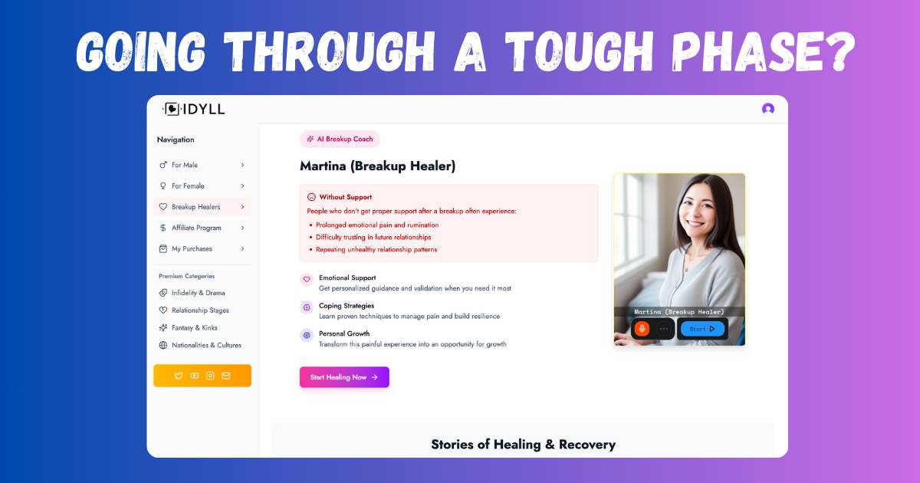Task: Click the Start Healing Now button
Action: tap(344, 377)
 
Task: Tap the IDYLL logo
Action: tap(194, 109)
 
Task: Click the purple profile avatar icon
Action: tap(768, 109)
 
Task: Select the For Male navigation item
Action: tap(202, 165)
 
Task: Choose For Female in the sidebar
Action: tap(202, 186)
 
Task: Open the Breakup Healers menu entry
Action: tap(202, 206)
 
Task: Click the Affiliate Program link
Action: tap(202, 228)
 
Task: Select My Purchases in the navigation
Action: tap(202, 248)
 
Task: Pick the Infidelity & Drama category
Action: tap(192, 293)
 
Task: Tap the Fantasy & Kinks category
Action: tap(188, 328)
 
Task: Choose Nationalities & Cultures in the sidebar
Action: tap(200, 345)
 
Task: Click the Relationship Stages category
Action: tap(194, 310)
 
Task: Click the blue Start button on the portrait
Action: tap(702, 329)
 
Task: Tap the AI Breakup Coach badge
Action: tap(340, 139)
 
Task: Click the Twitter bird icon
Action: tap(178, 376)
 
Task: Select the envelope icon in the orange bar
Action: tap(226, 376)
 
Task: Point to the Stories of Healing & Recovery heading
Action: tap(523, 445)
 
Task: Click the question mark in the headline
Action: tap(840, 51)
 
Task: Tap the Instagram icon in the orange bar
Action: tap(210, 376)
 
